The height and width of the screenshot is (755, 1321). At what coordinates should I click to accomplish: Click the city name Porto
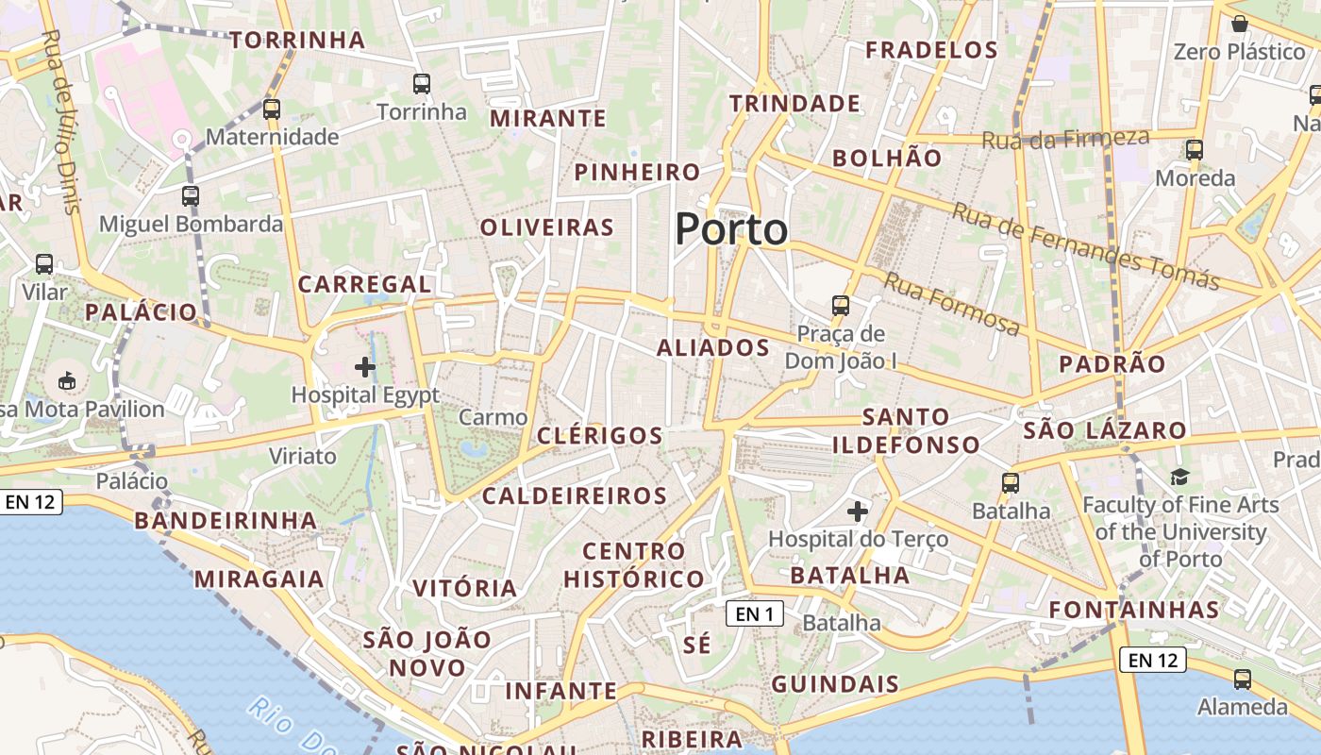coord(731,229)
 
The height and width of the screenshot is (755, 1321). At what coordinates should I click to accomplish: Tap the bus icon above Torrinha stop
coord(422,84)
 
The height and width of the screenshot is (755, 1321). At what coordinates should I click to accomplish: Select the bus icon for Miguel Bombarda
coord(191,196)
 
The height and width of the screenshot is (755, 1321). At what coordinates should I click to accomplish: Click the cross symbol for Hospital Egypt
coord(365,367)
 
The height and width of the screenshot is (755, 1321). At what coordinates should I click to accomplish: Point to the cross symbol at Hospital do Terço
coord(858,512)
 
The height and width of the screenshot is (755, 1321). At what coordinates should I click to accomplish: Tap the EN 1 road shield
coord(755,614)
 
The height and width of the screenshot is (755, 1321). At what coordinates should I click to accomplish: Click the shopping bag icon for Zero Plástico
coord(1240,24)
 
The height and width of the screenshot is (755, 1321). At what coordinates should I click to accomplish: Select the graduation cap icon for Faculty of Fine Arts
coord(1179,478)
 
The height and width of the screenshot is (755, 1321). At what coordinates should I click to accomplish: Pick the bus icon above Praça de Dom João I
coord(841,306)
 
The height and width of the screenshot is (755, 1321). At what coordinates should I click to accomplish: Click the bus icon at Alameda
coord(1243,679)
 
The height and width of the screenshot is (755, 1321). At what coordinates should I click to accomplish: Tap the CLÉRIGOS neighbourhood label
coord(600,436)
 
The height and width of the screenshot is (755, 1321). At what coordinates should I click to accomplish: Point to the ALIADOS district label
coord(713,348)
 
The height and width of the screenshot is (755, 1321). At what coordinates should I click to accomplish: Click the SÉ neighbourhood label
coord(696,646)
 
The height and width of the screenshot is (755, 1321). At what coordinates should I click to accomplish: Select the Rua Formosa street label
coord(952,303)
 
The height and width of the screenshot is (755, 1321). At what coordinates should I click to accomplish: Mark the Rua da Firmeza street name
coord(1066,139)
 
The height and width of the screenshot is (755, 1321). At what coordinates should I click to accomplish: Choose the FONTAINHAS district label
coord(1134,610)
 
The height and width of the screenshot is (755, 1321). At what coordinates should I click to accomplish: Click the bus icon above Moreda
coord(1195,149)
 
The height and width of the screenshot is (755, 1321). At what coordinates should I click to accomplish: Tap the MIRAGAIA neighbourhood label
coord(259,579)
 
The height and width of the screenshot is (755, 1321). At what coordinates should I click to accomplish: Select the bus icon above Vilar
coord(44,264)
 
